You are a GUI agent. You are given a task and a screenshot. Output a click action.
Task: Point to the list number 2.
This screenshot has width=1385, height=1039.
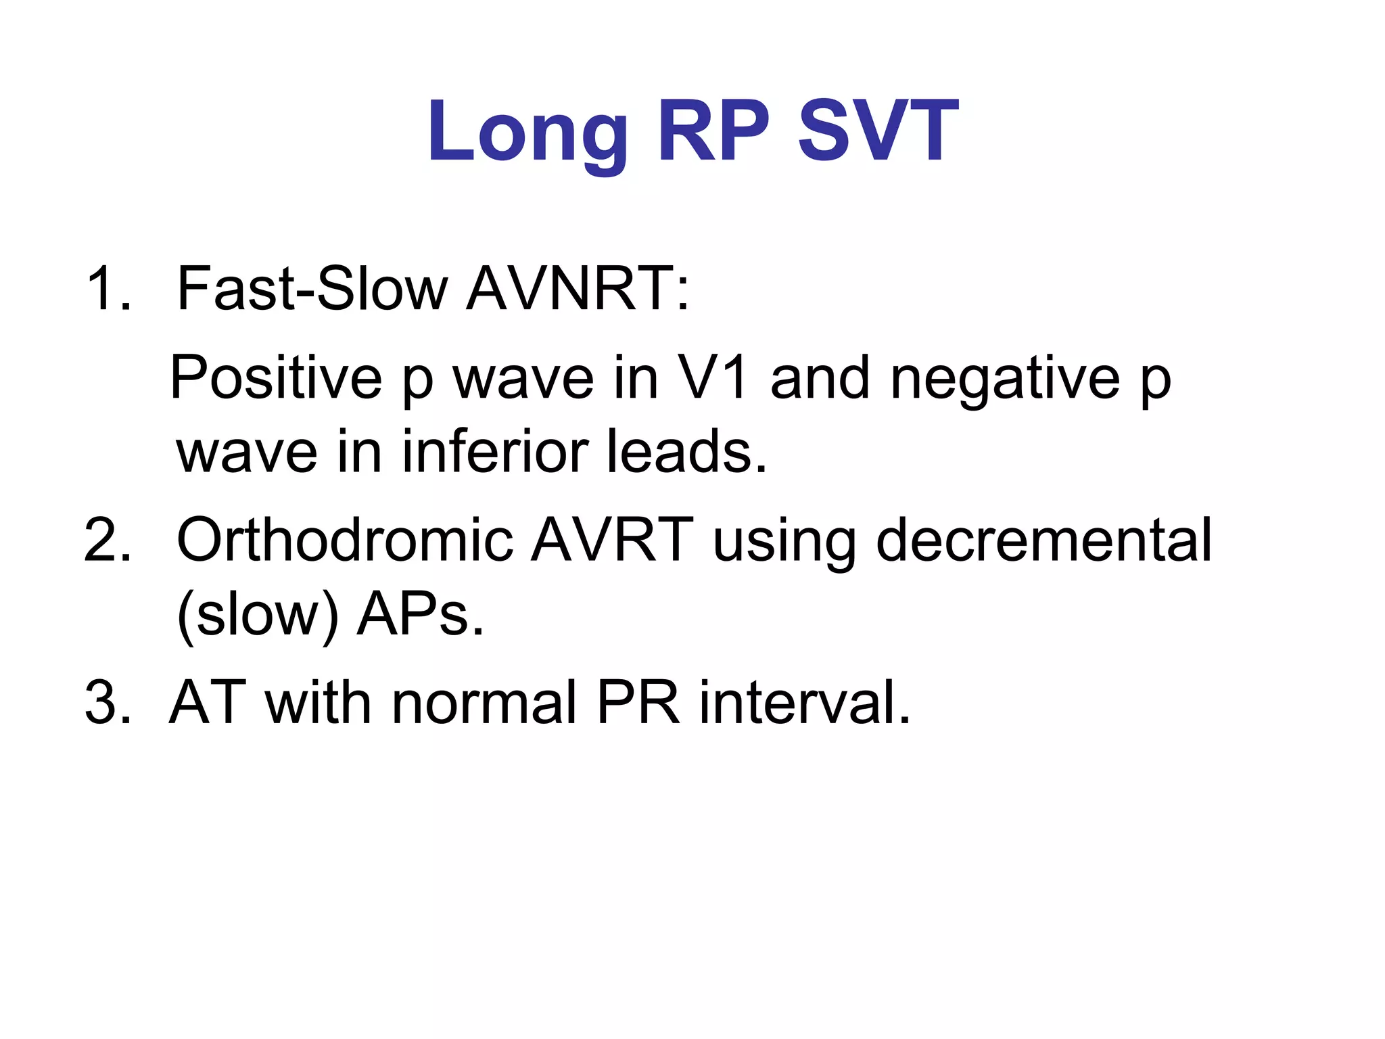107,540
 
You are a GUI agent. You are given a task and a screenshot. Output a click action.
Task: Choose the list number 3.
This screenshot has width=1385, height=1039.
107,703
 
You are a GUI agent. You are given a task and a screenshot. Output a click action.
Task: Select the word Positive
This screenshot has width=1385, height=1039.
276,379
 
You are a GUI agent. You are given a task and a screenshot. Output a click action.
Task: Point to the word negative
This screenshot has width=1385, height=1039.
1005,379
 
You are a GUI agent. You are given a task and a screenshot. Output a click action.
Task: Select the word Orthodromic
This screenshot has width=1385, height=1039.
345,540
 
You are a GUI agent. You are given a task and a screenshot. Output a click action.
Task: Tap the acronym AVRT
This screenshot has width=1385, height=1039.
611,540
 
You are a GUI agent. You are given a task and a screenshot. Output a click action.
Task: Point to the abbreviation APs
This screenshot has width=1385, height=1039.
420,614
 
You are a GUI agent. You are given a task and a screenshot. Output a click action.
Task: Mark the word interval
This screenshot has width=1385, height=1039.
804,703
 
